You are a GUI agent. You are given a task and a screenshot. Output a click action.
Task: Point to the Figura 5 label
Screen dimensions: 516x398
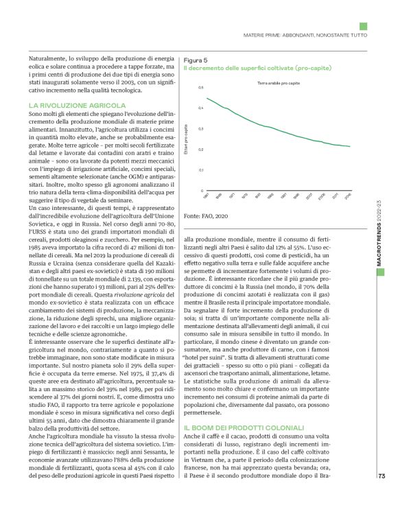197,60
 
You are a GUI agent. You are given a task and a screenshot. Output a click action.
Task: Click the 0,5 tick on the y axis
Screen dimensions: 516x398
200,88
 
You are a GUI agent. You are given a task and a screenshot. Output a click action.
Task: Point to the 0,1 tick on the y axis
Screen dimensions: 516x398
200,169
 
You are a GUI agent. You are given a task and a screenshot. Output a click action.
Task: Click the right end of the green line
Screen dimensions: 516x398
351,146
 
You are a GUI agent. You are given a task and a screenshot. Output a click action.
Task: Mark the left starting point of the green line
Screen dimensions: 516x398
207,97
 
